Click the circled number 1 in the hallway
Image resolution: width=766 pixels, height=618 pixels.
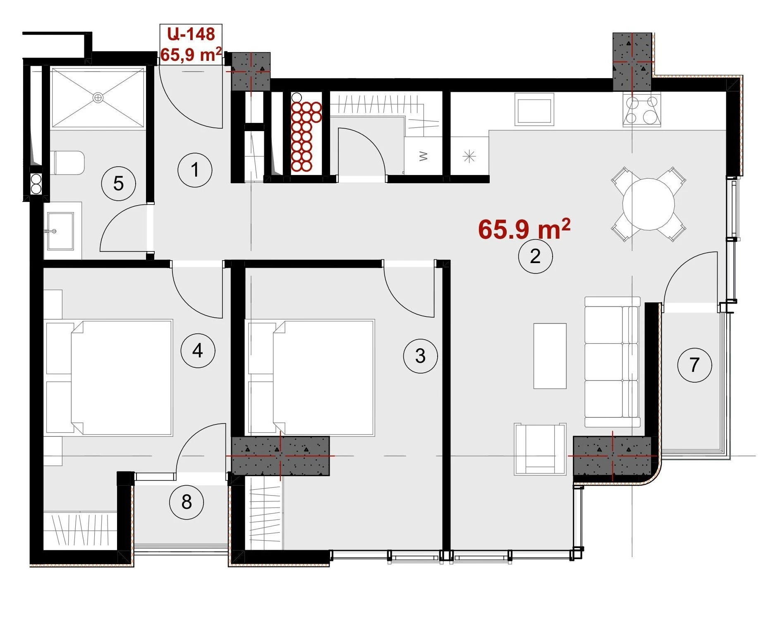point(195,170)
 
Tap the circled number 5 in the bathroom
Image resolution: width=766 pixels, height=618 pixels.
point(118,183)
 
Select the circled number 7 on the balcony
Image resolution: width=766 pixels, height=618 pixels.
point(694,365)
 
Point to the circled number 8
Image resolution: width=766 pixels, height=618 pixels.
point(187,502)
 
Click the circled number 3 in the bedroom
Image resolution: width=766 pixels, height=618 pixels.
point(420,356)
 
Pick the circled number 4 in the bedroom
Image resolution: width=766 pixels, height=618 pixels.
point(198,351)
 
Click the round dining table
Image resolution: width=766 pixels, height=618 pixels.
point(649,204)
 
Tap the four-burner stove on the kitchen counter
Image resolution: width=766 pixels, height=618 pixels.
point(642,109)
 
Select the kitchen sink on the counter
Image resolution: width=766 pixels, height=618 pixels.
point(534,109)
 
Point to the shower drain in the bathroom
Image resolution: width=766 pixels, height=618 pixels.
point(98,98)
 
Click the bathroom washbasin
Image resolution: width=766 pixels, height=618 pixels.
point(60,231)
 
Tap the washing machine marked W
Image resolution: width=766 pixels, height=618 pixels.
point(423,156)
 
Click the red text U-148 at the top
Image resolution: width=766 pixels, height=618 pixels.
point(191,34)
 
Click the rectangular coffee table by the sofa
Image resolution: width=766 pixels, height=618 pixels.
point(550,356)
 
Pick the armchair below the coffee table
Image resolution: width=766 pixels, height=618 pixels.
point(540,449)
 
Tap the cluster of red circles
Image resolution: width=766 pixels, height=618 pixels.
point(306,137)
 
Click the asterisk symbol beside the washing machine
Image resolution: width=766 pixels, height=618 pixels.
point(469,156)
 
